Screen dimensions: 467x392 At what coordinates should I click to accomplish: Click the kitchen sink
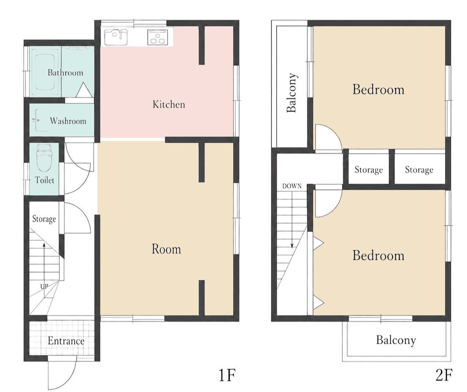pyautogui.click(x=116, y=37)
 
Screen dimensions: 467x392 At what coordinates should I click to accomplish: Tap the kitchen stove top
pyautogui.click(x=157, y=37)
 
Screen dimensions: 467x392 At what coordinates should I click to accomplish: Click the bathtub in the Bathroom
pyautogui.click(x=45, y=72)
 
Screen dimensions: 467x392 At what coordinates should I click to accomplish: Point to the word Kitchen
pyautogui.click(x=169, y=104)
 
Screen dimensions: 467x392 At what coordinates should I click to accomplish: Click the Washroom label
pyautogui.click(x=68, y=121)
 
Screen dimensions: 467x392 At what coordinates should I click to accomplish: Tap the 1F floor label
pyautogui.click(x=227, y=375)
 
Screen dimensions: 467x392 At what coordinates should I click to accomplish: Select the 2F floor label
pyautogui.click(x=444, y=375)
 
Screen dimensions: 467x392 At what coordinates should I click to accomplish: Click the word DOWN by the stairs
pyautogui.click(x=292, y=186)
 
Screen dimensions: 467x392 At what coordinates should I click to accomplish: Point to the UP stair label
pyautogui.click(x=44, y=286)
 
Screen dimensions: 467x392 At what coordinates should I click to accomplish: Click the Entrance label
pyautogui.click(x=66, y=341)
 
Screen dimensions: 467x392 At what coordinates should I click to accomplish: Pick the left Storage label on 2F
pyautogui.click(x=369, y=170)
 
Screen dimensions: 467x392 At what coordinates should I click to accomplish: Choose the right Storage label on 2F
pyautogui.click(x=419, y=170)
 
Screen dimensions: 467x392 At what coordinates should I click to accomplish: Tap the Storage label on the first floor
pyautogui.click(x=44, y=219)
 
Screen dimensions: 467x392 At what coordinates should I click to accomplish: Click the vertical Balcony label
pyautogui.click(x=292, y=92)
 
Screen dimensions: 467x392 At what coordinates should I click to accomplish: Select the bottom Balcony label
pyautogui.click(x=396, y=340)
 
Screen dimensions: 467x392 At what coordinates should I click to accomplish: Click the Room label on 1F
pyautogui.click(x=166, y=249)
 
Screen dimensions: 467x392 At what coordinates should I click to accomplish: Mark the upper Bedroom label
pyautogui.click(x=378, y=89)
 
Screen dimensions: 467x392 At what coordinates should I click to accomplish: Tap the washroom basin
pyautogui.click(x=41, y=120)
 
